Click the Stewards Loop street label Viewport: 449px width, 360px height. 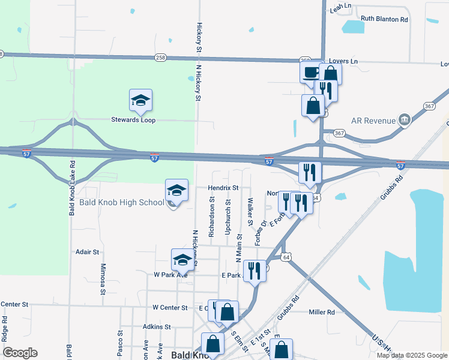[x=133, y=120]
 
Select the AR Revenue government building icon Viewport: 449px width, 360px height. [x=405, y=120]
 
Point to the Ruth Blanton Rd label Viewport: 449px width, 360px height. [x=384, y=19]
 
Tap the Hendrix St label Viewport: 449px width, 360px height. [x=223, y=188]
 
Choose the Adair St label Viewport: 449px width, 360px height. [x=88, y=253]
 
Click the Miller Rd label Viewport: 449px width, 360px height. [x=322, y=312]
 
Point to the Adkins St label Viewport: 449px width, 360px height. [x=157, y=327]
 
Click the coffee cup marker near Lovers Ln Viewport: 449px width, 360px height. [x=310, y=73]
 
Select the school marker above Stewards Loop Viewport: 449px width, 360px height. [x=140, y=100]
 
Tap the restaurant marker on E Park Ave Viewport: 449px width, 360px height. [x=255, y=271]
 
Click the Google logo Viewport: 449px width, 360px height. [x=20, y=353]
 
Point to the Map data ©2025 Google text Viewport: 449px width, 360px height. [x=412, y=355]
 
